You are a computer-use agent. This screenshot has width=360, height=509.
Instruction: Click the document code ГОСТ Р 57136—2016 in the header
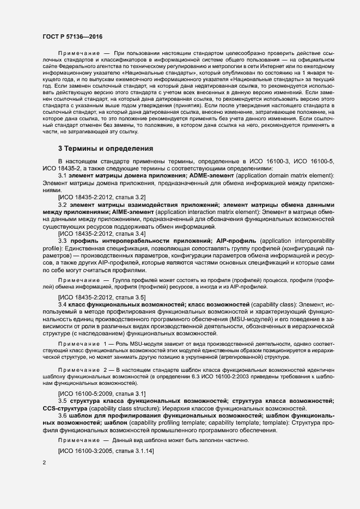(72, 36)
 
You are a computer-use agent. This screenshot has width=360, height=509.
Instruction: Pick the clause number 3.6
(62, 415)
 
